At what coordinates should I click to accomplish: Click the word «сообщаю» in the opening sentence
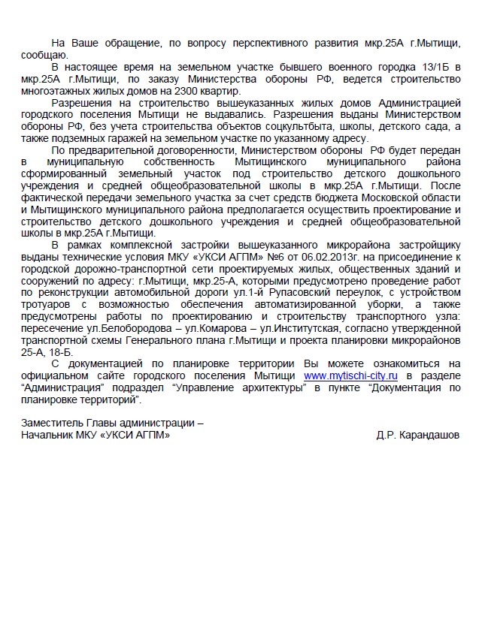[x=44, y=55]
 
